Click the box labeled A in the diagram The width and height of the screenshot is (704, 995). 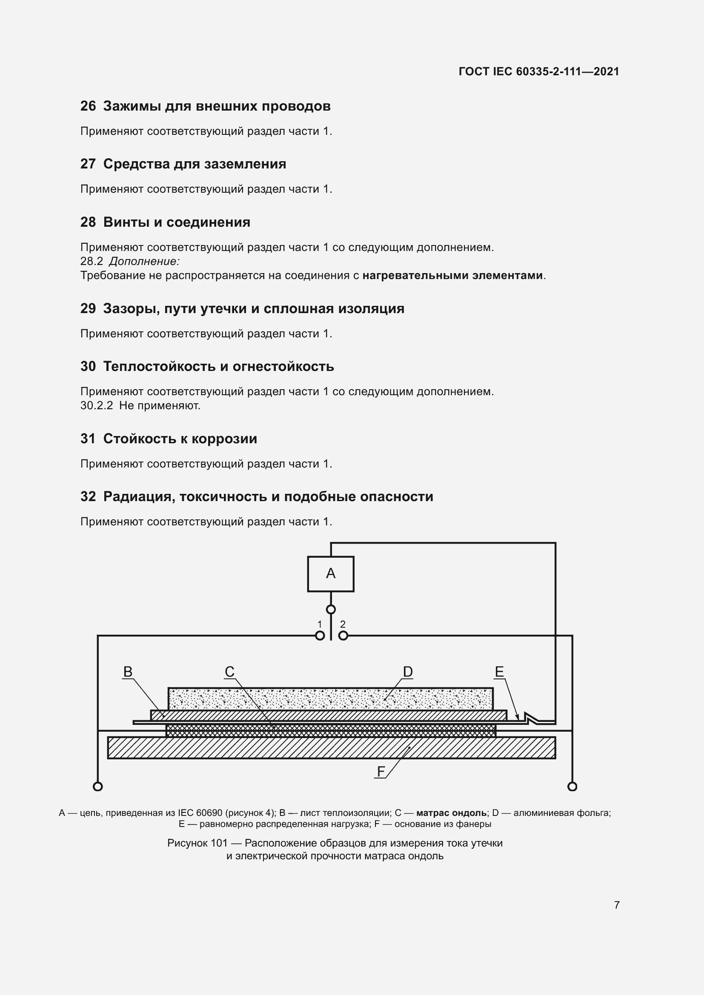(330, 574)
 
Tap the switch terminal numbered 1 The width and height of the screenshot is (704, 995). (320, 636)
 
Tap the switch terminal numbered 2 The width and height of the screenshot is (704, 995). (343, 636)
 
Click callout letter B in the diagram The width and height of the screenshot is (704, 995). (128, 672)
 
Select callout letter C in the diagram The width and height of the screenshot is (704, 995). (229, 672)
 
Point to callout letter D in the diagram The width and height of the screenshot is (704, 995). (407, 672)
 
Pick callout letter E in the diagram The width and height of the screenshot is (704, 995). (499, 672)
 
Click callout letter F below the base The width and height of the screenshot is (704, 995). (381, 772)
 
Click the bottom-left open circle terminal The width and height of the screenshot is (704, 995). (98, 787)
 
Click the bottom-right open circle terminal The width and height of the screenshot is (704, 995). (572, 787)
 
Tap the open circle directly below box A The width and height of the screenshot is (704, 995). (331, 610)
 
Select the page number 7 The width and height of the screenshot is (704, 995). (617, 905)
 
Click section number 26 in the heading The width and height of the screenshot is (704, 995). (88, 106)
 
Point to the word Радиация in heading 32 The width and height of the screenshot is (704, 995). (139, 496)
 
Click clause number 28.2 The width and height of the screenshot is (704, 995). (92, 261)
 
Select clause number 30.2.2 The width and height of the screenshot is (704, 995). (96, 406)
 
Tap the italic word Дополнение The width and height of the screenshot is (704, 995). (144, 261)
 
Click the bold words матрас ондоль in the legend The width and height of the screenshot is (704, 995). (451, 813)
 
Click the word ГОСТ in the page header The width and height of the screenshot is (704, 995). (473, 71)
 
